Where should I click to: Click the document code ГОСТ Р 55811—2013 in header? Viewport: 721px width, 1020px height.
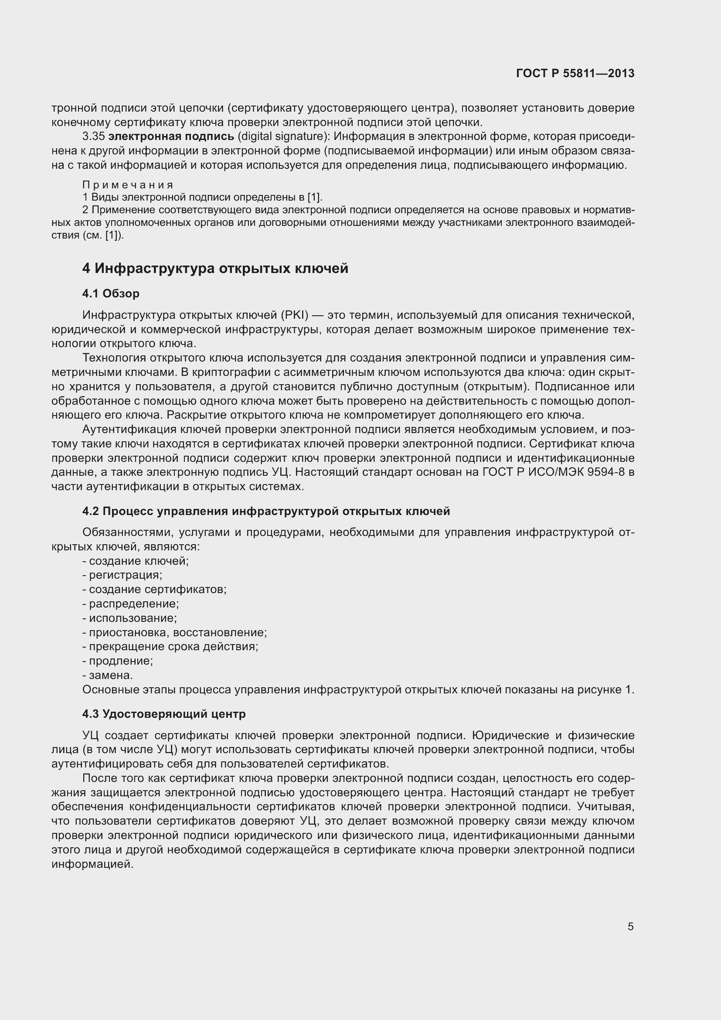(x=575, y=74)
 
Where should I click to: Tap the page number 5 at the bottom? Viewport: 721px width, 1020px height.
(x=630, y=927)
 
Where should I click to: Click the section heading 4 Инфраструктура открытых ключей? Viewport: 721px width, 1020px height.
(x=215, y=268)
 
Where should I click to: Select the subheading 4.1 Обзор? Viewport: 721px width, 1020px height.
(x=111, y=293)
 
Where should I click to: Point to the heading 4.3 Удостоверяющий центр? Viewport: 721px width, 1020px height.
(x=164, y=714)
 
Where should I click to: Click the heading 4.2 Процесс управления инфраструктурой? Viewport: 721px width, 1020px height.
(x=266, y=512)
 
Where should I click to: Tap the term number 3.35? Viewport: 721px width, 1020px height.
(x=94, y=137)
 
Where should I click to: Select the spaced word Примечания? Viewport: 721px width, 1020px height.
(x=127, y=185)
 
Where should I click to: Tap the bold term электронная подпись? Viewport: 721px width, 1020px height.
(x=171, y=137)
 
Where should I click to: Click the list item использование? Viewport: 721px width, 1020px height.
(x=133, y=618)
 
